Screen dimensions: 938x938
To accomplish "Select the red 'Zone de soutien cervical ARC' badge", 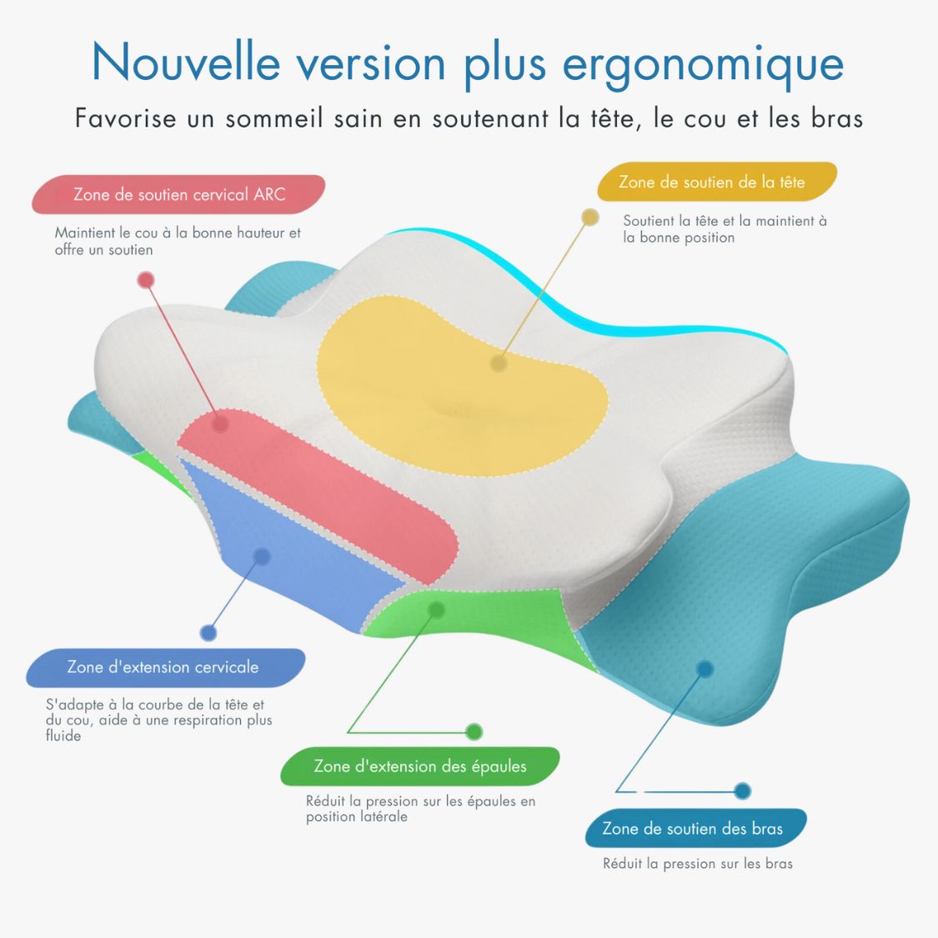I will (179, 195).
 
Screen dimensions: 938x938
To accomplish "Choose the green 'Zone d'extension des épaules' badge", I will (420, 766).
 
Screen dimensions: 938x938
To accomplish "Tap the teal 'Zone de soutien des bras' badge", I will (693, 829).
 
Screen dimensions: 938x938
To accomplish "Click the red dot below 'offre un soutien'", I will (146, 280).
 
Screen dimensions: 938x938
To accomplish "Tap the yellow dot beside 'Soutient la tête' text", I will (590, 218).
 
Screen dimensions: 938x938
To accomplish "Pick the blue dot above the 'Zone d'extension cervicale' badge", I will (208, 633).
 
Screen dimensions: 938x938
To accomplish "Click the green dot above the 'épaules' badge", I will (474, 732).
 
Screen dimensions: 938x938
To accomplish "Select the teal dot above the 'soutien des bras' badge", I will (743, 790).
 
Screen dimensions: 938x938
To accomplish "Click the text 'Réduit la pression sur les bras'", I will (698, 864).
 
